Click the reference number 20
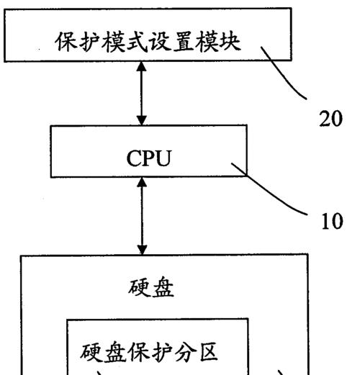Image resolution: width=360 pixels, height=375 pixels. tap(330, 118)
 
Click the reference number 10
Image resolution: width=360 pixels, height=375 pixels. tap(332, 221)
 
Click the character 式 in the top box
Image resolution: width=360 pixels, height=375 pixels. tap(137, 42)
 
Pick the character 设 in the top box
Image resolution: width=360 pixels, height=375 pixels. tap(161, 42)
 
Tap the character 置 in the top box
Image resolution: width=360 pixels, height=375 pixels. tap(184, 42)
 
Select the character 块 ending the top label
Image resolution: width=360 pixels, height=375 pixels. tap(230, 42)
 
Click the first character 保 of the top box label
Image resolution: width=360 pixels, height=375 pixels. tap(66, 42)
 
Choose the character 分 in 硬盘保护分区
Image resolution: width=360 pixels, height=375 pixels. tap(185, 352)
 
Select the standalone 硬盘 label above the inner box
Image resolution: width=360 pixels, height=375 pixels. tap(151, 287)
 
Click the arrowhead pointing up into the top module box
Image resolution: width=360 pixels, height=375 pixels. tap(142, 66)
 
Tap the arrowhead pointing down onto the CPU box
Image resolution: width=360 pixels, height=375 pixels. tap(142, 120)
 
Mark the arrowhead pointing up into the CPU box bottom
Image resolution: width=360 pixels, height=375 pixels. tap(142, 182)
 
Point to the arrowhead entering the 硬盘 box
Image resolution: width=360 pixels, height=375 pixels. tap(142, 250)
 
